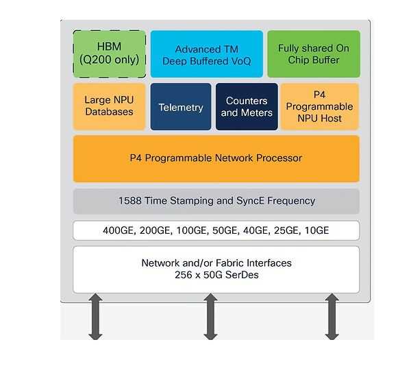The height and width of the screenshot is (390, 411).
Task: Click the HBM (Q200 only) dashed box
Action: pos(110,54)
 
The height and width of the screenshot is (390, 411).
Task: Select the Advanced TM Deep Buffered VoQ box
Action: pos(206,54)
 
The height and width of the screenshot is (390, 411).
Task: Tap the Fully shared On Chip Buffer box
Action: pos(313,54)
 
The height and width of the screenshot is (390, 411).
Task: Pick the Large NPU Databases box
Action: pos(109,106)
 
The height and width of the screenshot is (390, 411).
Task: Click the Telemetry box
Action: pos(181,107)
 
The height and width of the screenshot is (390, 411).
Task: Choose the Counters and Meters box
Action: pos(247,106)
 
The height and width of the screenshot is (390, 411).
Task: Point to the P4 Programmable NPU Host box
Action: pos(319,106)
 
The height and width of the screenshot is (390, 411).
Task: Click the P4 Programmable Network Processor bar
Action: pos(216,158)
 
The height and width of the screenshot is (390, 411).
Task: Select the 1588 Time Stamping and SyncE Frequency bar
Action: pos(216,201)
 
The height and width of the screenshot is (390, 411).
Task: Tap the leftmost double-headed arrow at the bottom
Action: pos(95,316)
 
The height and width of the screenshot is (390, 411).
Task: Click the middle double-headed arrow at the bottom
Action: pos(210,316)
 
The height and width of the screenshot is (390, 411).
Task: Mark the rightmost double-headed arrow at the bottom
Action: pos(332,316)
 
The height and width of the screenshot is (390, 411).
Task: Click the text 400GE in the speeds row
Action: pos(118,230)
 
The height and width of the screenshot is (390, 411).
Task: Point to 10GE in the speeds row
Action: pos(316,230)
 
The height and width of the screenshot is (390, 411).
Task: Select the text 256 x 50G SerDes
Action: pos(216,276)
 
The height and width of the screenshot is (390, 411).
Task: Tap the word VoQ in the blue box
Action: pos(241,61)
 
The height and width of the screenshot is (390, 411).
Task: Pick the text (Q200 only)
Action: pos(110,61)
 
